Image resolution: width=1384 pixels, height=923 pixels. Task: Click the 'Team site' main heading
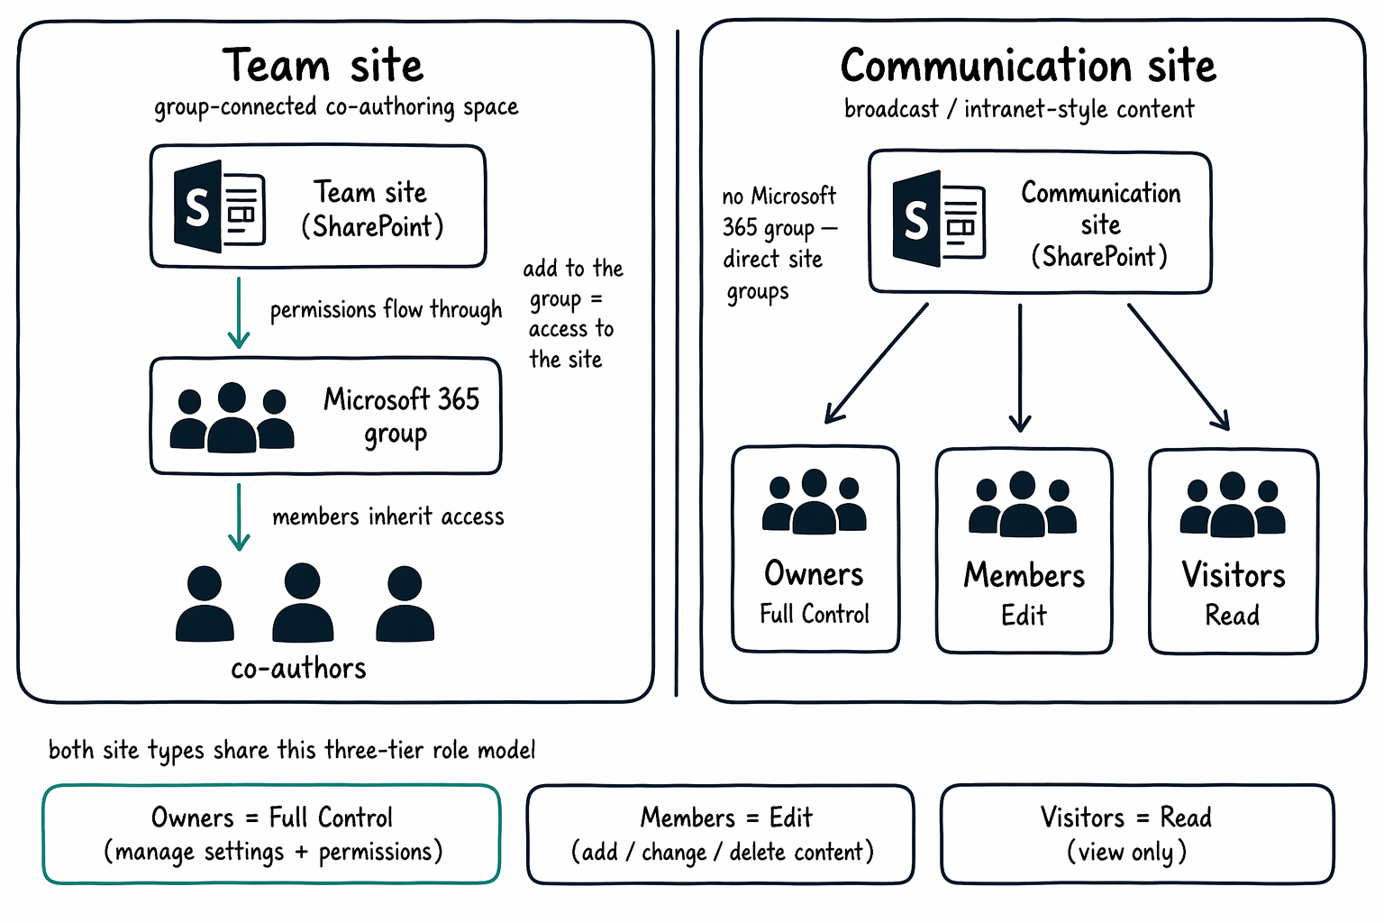tap(323, 66)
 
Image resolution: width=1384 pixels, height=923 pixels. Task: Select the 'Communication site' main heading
tap(1028, 66)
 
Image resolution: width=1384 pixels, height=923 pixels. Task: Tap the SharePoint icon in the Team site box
tap(220, 206)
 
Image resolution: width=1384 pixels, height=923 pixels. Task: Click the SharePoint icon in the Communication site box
tap(939, 219)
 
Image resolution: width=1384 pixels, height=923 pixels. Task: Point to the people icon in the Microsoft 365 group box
tap(232, 417)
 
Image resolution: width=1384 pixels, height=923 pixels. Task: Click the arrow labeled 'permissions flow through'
tap(239, 313)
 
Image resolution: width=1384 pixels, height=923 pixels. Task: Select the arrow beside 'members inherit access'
tap(239, 516)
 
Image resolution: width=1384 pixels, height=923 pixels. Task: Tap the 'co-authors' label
tap(298, 669)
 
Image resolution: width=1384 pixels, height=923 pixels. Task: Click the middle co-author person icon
tap(303, 602)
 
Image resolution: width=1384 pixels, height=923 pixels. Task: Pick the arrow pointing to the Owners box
tap(876, 363)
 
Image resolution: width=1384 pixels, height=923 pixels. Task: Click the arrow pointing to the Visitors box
tap(1179, 367)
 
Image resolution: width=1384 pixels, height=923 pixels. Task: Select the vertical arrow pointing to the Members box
tap(1020, 368)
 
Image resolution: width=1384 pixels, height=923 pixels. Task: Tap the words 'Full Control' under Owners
tap(815, 614)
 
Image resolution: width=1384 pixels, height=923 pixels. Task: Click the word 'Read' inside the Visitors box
tap(1232, 615)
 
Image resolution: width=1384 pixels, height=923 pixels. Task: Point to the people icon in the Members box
tap(1023, 504)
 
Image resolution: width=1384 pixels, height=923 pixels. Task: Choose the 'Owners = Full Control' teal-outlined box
tap(271, 834)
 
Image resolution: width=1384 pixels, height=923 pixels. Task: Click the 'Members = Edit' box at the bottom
tap(721, 834)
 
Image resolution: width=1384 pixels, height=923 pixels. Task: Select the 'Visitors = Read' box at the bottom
tap(1137, 834)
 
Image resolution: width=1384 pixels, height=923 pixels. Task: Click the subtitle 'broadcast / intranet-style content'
tap(1019, 109)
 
